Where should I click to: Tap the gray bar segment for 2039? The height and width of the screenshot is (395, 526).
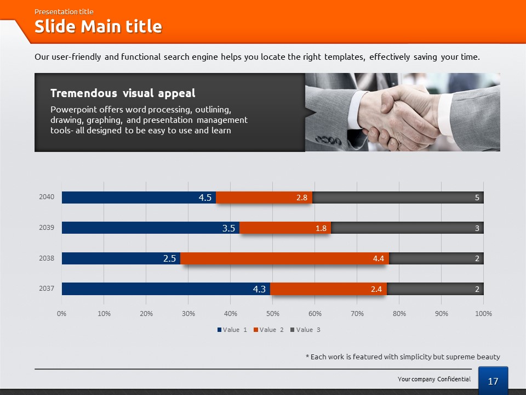[x=405, y=228]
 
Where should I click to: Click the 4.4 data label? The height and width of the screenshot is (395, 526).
[x=378, y=258]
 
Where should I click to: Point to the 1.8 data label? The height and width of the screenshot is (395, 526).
[x=321, y=228]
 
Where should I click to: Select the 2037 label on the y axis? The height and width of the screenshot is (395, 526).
[x=47, y=288]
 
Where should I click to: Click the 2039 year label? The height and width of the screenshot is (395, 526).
[x=47, y=227]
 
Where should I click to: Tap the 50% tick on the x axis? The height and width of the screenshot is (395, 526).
[x=273, y=314]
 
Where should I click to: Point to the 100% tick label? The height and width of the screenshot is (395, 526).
[x=483, y=314]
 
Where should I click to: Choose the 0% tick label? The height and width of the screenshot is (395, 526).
[x=62, y=314]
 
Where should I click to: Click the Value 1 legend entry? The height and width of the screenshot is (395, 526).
[x=232, y=330]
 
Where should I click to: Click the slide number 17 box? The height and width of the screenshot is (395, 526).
[x=493, y=381]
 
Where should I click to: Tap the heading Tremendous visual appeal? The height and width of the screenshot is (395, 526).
[x=123, y=93]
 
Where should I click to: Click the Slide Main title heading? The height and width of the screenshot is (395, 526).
[x=98, y=27]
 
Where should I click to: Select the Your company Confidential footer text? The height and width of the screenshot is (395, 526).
[x=434, y=379]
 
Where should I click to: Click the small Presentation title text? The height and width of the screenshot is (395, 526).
[x=64, y=12]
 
